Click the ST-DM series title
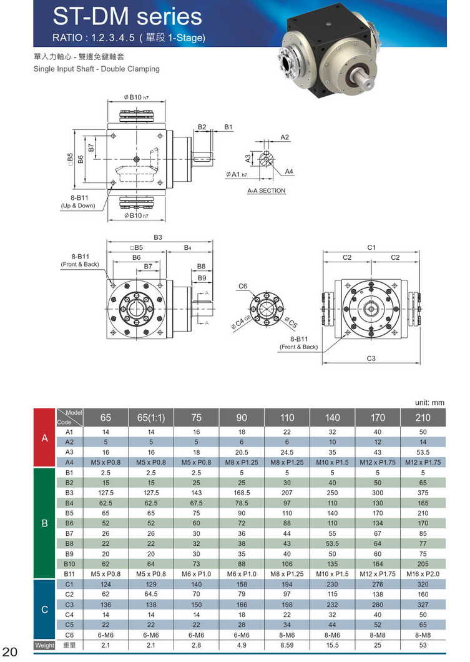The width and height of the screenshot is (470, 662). tap(127, 16)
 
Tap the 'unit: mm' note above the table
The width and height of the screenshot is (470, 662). tap(429, 403)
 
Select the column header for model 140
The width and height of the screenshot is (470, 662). tap(331, 417)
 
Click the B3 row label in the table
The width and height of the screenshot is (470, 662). tap(69, 493)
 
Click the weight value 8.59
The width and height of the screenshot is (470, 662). tap(286, 645)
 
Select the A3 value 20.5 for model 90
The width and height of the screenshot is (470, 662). tap(242, 452)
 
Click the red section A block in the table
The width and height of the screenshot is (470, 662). tap(44, 438)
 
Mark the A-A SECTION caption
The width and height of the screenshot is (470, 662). tap(267, 190)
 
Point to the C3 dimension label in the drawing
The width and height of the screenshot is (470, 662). tap(371, 358)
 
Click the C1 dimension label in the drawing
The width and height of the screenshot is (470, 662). tap(371, 247)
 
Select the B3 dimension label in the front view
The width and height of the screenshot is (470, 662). tap(158, 237)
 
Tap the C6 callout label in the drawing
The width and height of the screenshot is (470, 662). tap(243, 286)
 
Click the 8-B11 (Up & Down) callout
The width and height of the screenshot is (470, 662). tap(78, 201)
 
